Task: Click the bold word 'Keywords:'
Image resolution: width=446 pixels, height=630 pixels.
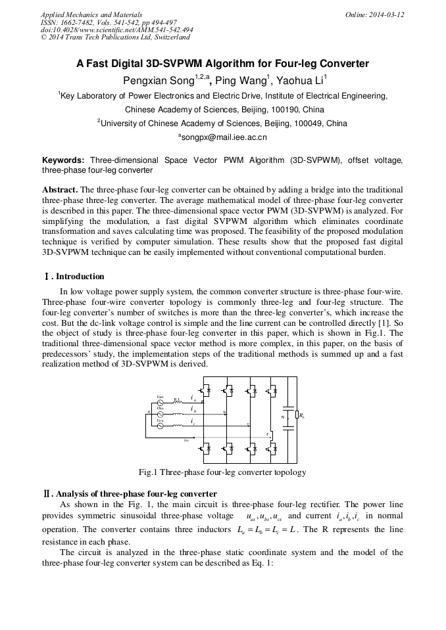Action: pos(63,160)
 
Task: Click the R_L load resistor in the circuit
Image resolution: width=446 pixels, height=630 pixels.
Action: pos(298,415)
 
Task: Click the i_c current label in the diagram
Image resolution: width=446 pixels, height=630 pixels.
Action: pos(192,421)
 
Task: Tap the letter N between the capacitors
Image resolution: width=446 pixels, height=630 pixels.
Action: pos(283,416)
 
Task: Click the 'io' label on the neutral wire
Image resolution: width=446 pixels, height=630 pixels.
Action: pos(187,439)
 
